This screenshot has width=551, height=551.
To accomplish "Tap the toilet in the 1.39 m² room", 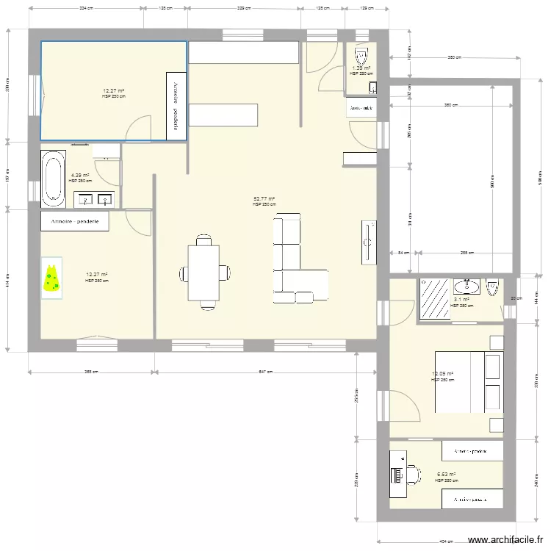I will click(361, 56).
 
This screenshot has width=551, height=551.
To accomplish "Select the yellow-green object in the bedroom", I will click(51, 278).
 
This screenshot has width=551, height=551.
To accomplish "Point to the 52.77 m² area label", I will click(264, 199).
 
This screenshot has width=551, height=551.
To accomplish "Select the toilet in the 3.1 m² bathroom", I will click(492, 286).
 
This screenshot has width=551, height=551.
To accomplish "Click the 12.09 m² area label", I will click(442, 374).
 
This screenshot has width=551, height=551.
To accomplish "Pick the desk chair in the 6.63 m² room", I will click(413, 475).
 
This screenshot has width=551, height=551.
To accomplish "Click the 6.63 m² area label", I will click(446, 475).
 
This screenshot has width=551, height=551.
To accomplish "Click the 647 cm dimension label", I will click(265, 372).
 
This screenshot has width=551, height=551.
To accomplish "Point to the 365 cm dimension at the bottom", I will click(91, 372).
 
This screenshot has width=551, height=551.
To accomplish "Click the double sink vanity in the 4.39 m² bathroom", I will click(96, 199).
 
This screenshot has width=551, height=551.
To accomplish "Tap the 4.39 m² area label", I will click(79, 176).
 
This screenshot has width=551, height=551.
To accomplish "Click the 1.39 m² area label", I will click(361, 68).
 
